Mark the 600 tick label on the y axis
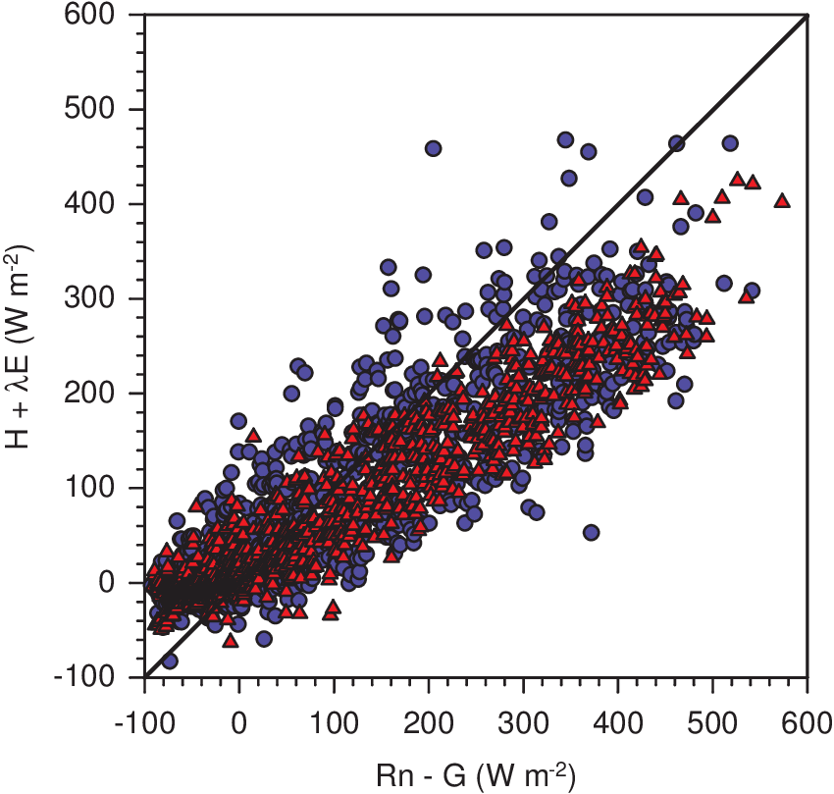point(111,16)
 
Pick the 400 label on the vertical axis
point(111,204)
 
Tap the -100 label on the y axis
point(107,677)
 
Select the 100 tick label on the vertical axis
point(111,488)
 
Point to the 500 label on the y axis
point(111,110)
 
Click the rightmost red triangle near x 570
point(782,200)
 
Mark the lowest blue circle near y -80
point(170,661)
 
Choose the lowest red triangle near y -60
point(231,640)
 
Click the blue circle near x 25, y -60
point(264,638)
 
